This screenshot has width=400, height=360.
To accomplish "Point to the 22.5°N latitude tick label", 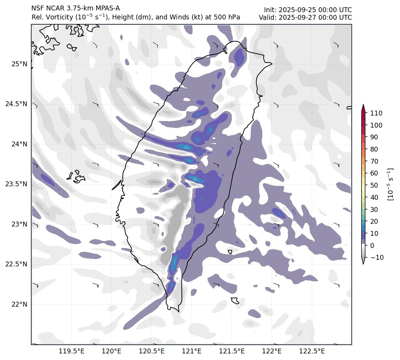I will (17, 264).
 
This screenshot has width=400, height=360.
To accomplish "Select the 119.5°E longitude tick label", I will (71, 351).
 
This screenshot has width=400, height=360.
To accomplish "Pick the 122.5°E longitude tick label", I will (312, 351).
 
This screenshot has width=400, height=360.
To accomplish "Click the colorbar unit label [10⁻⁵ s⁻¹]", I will (391, 184).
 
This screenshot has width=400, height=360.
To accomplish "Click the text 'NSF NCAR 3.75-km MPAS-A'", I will (76, 8).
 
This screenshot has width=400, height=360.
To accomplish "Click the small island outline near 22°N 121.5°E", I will (235, 300).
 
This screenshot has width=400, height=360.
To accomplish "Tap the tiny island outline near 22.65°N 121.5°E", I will (230, 252).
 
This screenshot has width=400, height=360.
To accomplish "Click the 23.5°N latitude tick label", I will (17, 184).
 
